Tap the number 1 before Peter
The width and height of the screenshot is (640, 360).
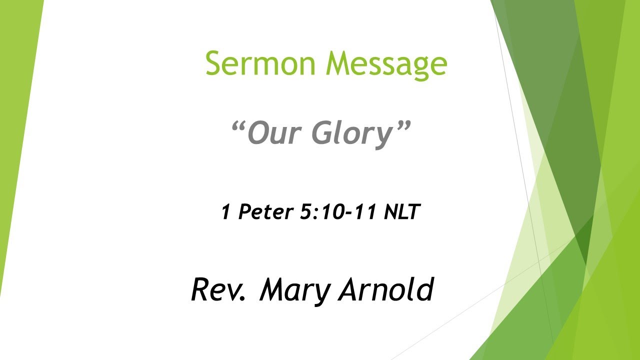225,212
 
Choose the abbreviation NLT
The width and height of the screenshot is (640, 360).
400,212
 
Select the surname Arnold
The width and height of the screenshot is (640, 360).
384,289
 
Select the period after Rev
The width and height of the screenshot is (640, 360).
243,299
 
